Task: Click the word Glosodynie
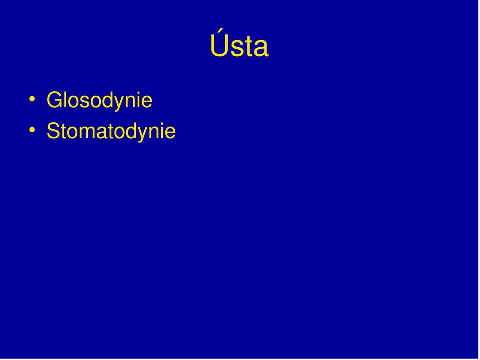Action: pos(100,101)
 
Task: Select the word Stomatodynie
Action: pos(111,132)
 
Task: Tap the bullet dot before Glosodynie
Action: pos(32,99)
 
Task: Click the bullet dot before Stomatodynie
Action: pos(32,130)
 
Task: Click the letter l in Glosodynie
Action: pos(66,99)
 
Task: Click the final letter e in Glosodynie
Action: pos(147,102)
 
